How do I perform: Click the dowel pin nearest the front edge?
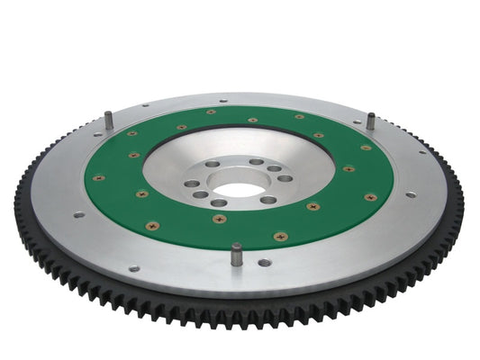[x=236, y=254]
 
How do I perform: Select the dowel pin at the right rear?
[x=369, y=120]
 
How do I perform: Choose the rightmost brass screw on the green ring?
[x=370, y=197]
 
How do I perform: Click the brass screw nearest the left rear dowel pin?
[x=132, y=133]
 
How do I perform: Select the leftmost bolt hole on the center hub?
[x=191, y=184]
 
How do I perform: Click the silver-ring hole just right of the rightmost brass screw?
[x=411, y=194]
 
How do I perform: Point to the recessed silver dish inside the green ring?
[x=180, y=153]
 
